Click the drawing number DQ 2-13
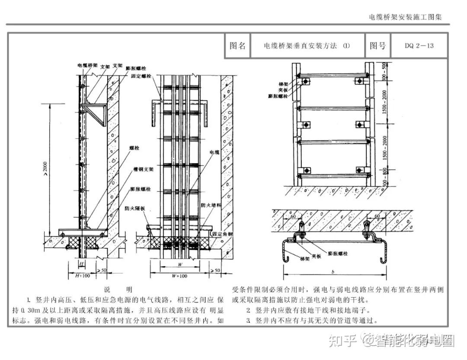click(x=419, y=45)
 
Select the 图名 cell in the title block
click(x=237, y=45)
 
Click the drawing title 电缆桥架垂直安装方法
click(x=300, y=46)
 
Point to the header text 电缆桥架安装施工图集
click(x=406, y=17)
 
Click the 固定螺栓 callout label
click(x=141, y=75)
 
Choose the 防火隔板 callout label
click(x=135, y=208)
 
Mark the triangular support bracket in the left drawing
click(x=96, y=113)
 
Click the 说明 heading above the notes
click(x=118, y=289)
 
